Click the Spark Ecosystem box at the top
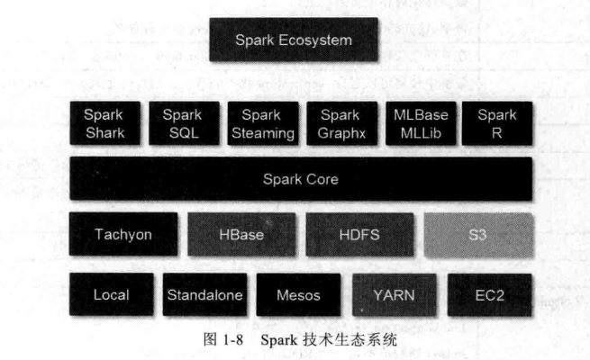[x=293, y=40]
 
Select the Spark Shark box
[x=103, y=124]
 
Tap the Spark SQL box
[x=182, y=124]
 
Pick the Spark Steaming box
[x=261, y=124]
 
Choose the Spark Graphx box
[x=340, y=124]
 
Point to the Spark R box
[x=496, y=124]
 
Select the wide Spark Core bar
[x=300, y=179]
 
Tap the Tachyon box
[x=123, y=236]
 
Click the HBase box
[x=241, y=236]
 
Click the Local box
[x=112, y=294]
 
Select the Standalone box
[x=205, y=294]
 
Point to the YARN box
[x=394, y=294]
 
